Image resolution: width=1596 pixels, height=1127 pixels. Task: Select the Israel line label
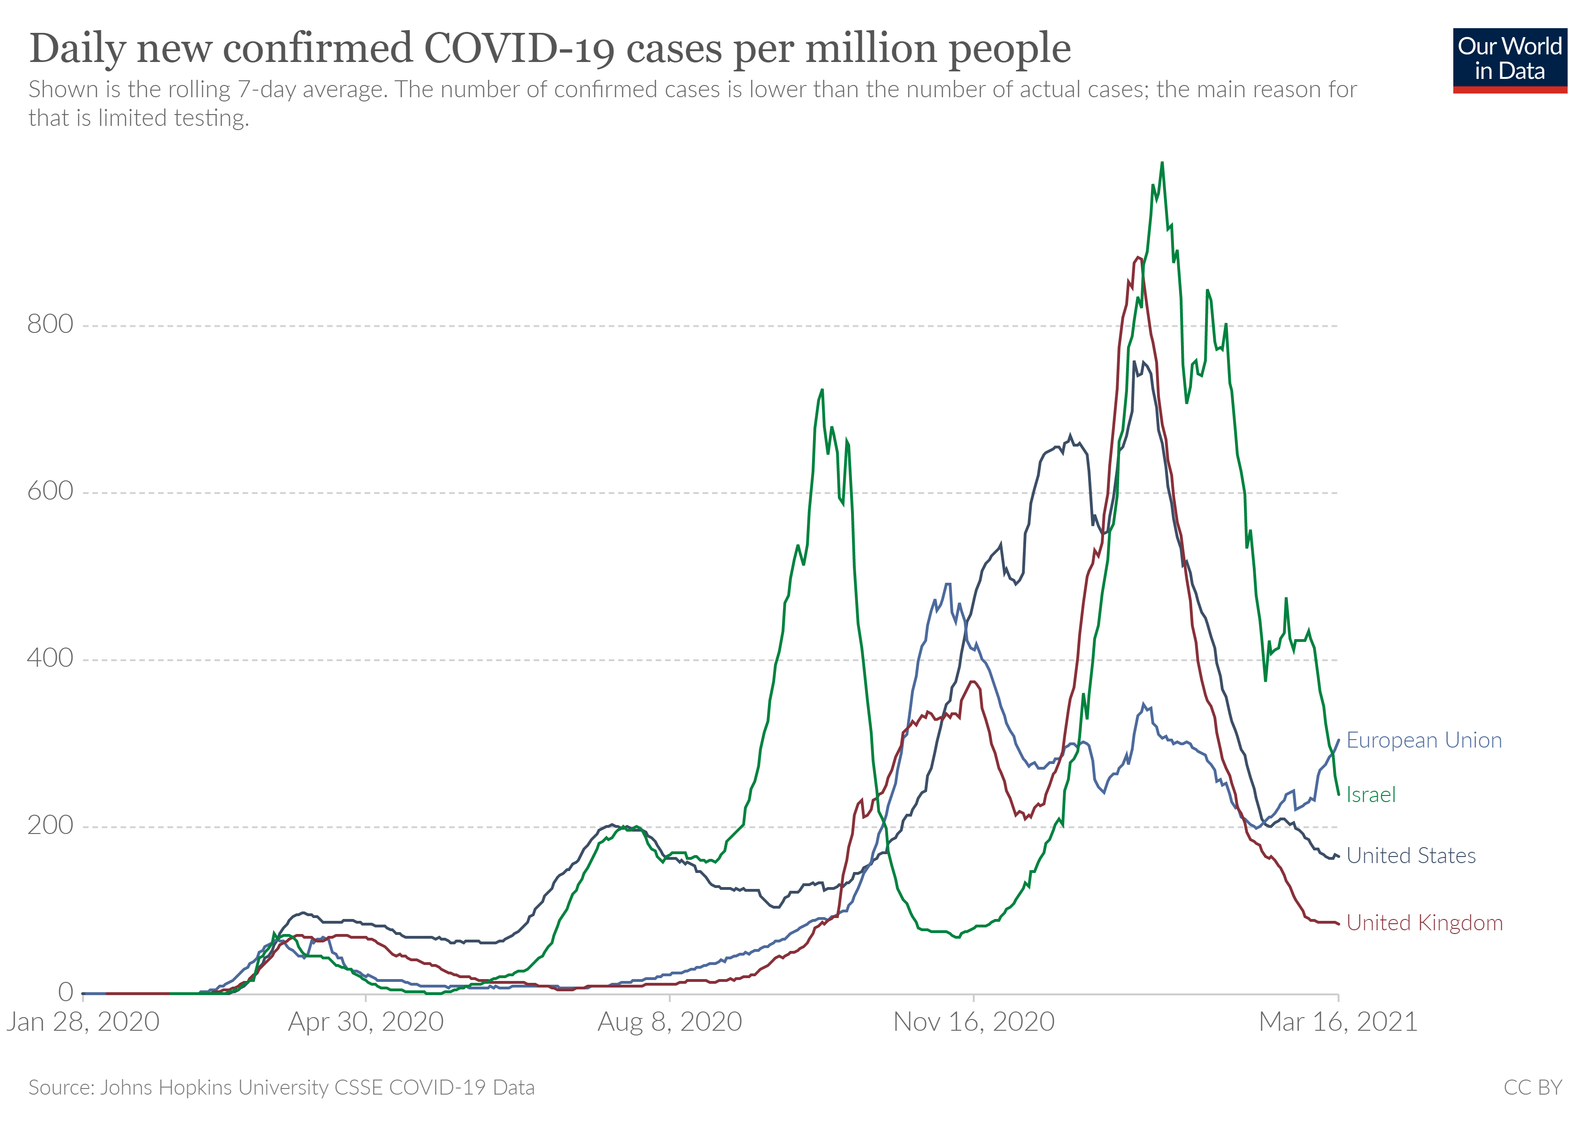[1370, 794]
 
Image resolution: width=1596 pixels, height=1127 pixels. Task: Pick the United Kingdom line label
[1424, 923]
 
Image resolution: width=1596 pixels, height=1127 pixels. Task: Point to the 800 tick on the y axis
[50, 324]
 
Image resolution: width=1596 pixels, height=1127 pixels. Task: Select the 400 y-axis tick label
[50, 658]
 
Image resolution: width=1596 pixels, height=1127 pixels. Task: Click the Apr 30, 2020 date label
[366, 1022]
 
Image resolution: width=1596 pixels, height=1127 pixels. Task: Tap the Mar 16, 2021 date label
[1338, 1022]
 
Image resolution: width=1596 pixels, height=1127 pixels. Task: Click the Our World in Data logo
[1510, 60]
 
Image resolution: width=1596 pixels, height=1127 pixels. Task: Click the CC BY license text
[1533, 1088]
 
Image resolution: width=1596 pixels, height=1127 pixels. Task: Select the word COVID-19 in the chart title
[519, 49]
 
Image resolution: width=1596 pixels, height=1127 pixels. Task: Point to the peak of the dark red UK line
[1138, 257]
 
